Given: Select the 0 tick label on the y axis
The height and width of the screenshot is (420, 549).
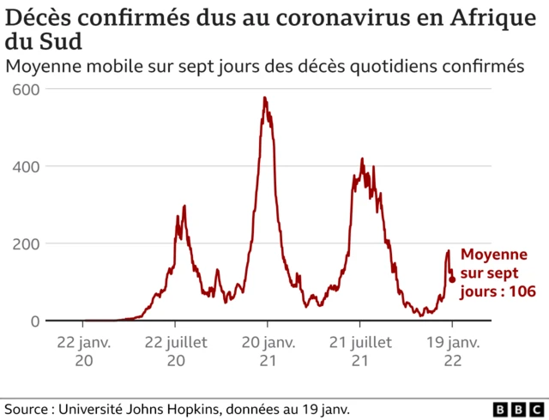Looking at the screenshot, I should [35, 321].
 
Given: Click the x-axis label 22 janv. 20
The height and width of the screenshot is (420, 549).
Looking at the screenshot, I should [83, 351].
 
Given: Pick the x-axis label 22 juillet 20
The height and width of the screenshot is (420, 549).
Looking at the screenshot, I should [175, 351].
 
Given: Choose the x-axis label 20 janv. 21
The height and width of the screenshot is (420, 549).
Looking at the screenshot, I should [267, 351].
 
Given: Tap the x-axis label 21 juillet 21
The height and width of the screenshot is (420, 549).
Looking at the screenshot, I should [359, 351].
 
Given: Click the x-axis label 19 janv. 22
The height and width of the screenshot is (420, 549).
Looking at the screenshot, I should [452, 351].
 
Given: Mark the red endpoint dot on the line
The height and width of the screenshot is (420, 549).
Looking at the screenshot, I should [452, 279].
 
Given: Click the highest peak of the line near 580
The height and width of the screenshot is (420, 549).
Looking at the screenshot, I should [264, 98].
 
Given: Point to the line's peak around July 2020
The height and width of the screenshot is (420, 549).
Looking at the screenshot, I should [184, 207].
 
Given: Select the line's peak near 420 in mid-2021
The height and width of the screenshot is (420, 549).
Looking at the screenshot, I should [362, 159].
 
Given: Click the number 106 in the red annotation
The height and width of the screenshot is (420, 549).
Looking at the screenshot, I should [522, 292].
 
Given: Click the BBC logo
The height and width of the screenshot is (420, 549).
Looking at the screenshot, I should [516, 409].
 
